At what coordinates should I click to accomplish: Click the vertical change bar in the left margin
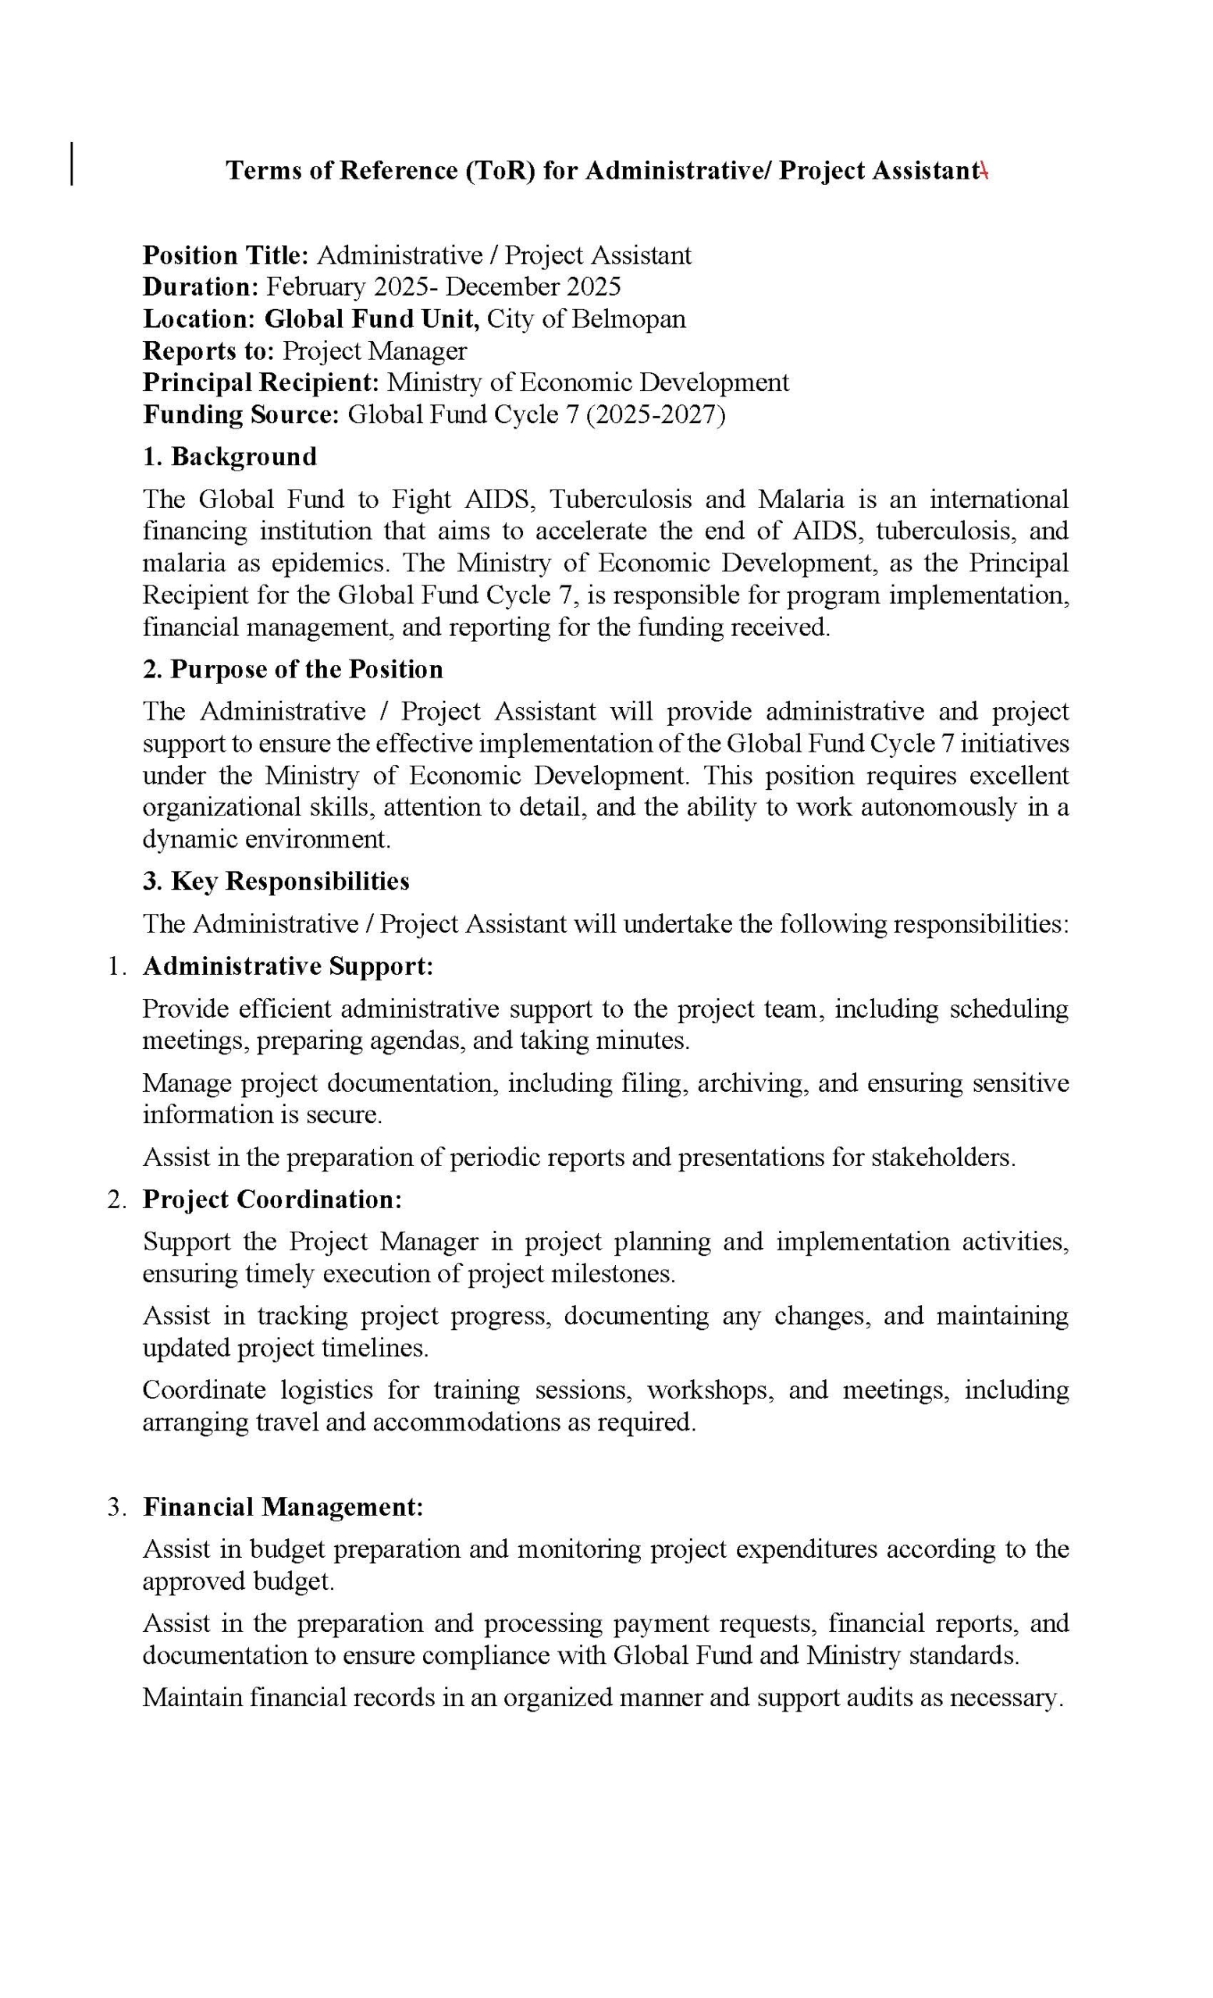(72, 163)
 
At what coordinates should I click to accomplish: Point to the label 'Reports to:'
(209, 351)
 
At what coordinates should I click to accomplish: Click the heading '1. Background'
(229, 457)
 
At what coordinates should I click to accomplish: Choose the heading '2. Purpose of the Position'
(293, 669)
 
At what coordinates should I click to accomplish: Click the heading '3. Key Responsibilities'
(276, 881)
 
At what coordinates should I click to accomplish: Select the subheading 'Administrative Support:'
(288, 966)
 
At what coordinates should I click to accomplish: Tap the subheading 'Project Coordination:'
(272, 1200)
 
